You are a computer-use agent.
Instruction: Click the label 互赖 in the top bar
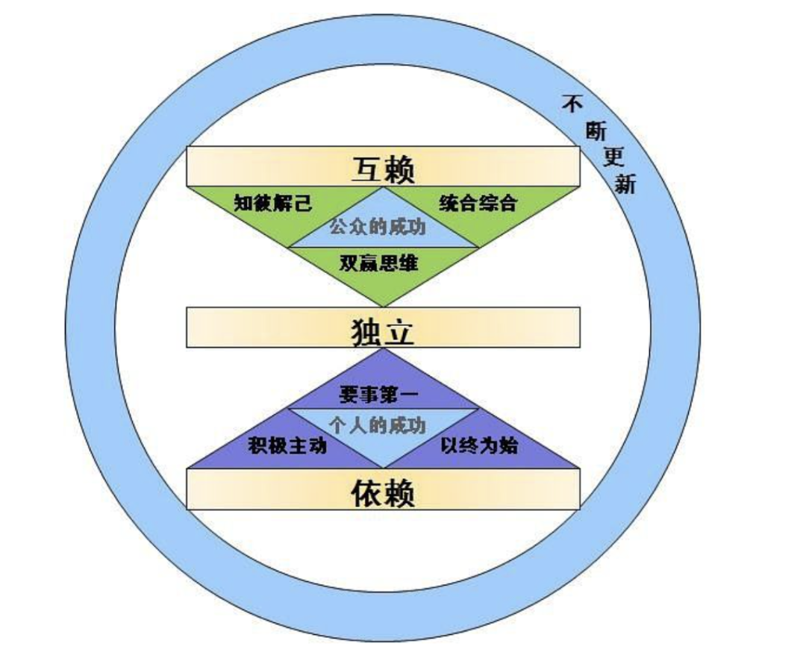(x=383, y=169)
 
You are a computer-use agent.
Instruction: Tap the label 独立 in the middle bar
(x=383, y=331)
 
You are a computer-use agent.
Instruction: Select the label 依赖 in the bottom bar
(x=383, y=493)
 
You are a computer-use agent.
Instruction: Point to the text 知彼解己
(x=273, y=203)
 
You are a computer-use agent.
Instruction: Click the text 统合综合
(x=478, y=203)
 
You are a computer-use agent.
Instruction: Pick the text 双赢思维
(x=379, y=263)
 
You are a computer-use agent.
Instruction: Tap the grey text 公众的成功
(x=378, y=227)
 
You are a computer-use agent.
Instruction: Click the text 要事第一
(x=379, y=395)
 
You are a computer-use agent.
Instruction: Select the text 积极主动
(x=287, y=445)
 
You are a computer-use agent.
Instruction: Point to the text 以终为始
(x=479, y=445)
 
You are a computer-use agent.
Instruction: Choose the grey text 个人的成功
(x=378, y=425)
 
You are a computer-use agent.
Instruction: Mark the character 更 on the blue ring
(x=613, y=156)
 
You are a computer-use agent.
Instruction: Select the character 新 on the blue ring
(x=625, y=184)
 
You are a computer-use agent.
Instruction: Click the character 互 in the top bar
(x=367, y=169)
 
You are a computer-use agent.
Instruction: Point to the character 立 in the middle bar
(x=399, y=332)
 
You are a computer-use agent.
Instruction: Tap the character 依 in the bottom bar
(x=367, y=493)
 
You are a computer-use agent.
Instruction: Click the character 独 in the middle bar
(x=366, y=332)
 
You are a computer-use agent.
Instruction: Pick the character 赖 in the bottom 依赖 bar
(x=399, y=493)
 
